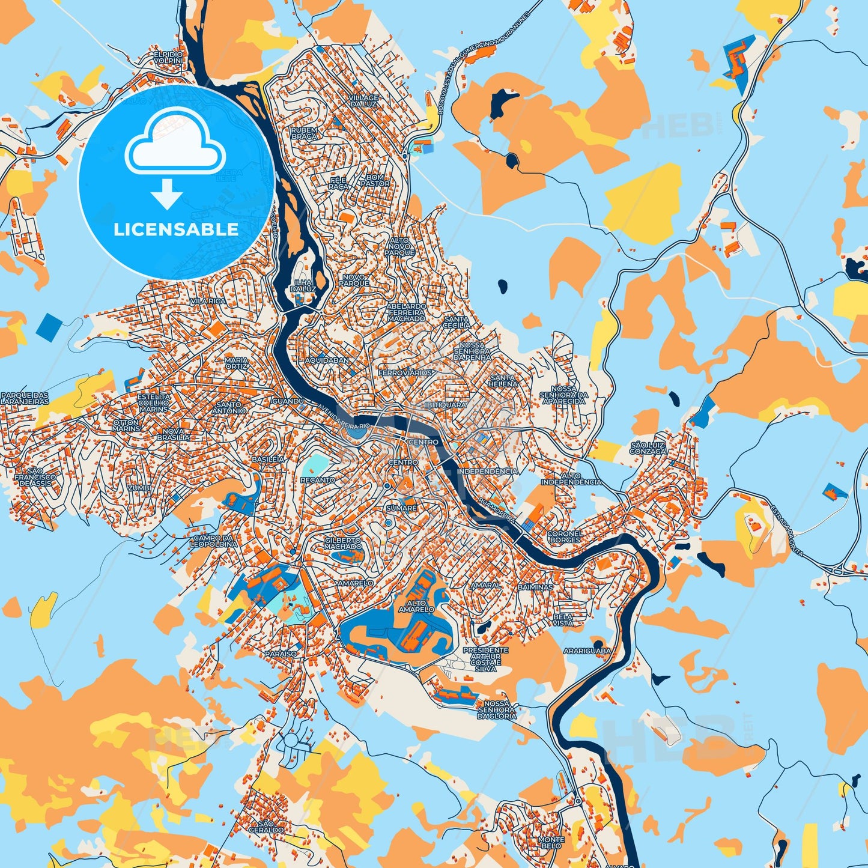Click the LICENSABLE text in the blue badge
(x=176, y=229)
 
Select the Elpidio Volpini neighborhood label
(x=168, y=58)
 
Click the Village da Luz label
(x=364, y=100)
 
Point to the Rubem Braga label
(x=304, y=133)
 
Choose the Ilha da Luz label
(x=303, y=285)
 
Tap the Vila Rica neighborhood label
(x=208, y=301)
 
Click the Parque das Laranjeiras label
(x=25, y=398)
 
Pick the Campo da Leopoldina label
(x=213, y=541)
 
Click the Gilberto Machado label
(x=343, y=544)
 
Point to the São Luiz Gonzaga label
(x=648, y=448)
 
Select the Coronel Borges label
(x=565, y=536)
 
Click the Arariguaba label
(x=587, y=651)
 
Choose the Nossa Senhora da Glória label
(x=497, y=709)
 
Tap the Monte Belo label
(x=551, y=843)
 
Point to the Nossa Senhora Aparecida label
(x=563, y=395)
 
